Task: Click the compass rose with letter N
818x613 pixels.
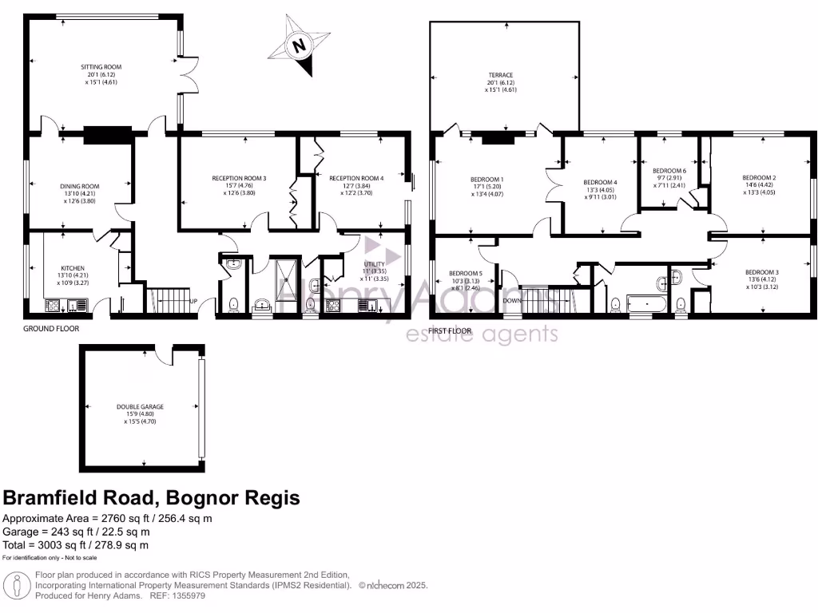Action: pyautogui.click(x=300, y=46)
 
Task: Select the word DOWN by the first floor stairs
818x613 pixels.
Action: pyautogui.click(x=512, y=301)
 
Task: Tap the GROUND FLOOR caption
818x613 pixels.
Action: pyautogui.click(x=50, y=328)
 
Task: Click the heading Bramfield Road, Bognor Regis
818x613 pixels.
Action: pyautogui.click(x=152, y=498)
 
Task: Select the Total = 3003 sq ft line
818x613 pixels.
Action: pyautogui.click(x=76, y=545)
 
